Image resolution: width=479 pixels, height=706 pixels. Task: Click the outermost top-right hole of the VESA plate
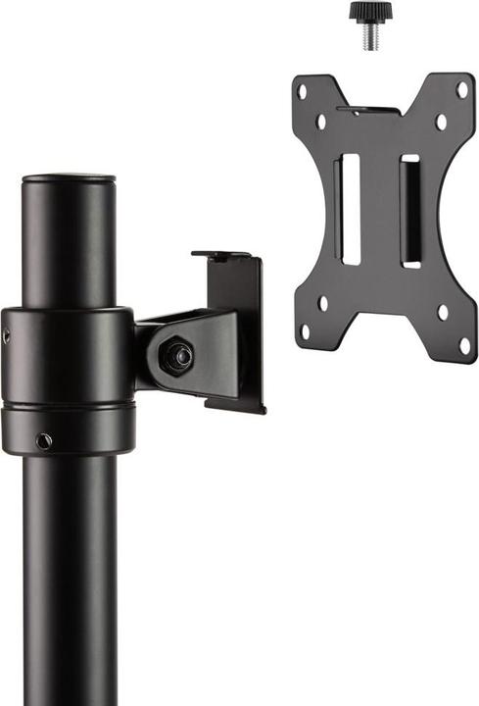pos(460,88)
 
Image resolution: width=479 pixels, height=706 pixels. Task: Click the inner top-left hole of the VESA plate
pos(321,123)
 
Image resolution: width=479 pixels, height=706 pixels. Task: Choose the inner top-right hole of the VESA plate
pos(440,122)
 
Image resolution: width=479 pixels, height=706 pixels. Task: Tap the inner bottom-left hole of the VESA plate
pos(323,303)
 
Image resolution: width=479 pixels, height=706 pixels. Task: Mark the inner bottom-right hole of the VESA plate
pos(443,313)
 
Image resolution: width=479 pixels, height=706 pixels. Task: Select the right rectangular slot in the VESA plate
pos(409,211)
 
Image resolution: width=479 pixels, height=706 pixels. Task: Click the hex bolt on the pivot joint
pos(177,356)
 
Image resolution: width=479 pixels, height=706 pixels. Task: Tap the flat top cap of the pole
pos(69,180)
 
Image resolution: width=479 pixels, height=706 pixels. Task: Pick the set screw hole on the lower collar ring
pos(43,441)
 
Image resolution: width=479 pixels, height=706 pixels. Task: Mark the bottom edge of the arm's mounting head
pos(235,403)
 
